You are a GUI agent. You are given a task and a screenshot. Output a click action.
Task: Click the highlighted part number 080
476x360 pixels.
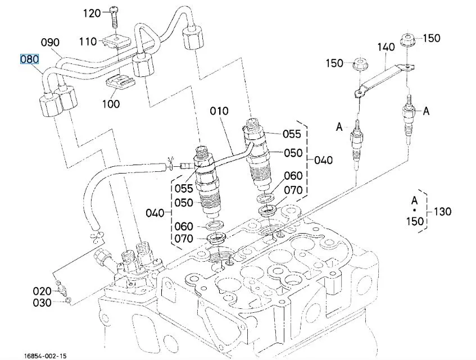[x=30, y=59]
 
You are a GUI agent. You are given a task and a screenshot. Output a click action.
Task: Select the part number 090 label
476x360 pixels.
[x=50, y=43]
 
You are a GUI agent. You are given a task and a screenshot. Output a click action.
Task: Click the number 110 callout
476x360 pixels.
[x=88, y=41]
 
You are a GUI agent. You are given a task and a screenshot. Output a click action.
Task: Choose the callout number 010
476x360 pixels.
[x=219, y=111]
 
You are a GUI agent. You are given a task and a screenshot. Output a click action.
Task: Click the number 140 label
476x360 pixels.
[x=386, y=48]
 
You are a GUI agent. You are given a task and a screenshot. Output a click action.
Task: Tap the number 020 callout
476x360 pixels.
[x=42, y=291]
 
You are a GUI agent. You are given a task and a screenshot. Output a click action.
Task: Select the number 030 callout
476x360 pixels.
[x=42, y=303]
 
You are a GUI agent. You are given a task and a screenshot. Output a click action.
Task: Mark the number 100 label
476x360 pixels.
[x=111, y=103]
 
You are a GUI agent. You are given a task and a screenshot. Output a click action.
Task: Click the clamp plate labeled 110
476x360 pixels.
[x=115, y=40]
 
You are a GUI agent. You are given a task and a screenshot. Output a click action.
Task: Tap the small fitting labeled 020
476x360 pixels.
[x=62, y=290]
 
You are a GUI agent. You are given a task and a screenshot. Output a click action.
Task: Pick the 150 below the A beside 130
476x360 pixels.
[x=415, y=221]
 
